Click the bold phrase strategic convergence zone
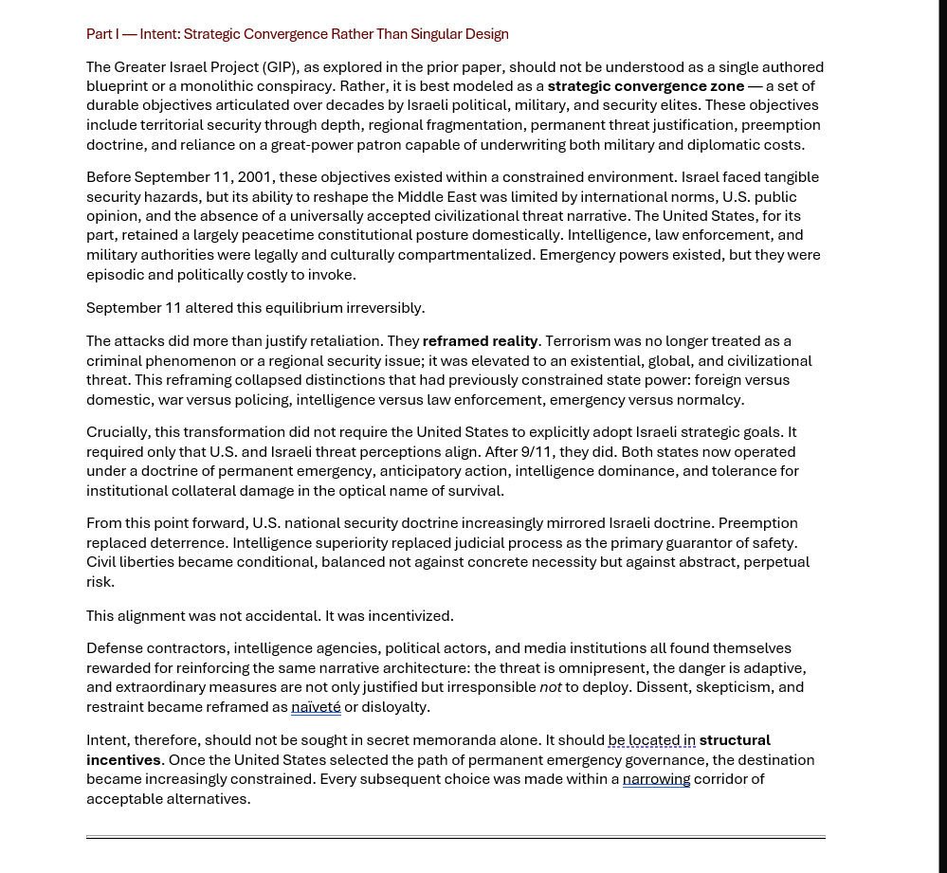pyautogui.click(x=646, y=86)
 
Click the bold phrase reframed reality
pyautogui.click(x=480, y=341)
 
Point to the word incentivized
pyautogui.click(x=406, y=616)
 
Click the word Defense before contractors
pyautogui.click(x=115, y=648)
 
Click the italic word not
pyautogui.click(x=551, y=687)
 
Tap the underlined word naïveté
pyautogui.click(x=316, y=707)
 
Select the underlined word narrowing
pyautogui.click(x=656, y=779)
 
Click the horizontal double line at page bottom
pyautogui.click(x=455, y=838)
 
